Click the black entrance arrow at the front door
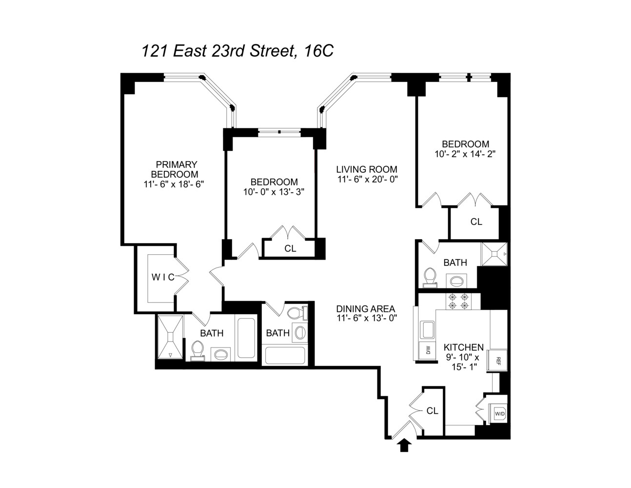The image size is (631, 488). click(x=404, y=445)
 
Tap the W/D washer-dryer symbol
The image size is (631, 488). click(x=500, y=413)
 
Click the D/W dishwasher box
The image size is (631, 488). click(x=428, y=350)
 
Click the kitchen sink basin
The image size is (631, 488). click(x=428, y=329)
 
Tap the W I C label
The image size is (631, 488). click(x=162, y=277)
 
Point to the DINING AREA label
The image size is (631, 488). click(x=365, y=309)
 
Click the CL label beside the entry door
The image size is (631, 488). click(x=432, y=411)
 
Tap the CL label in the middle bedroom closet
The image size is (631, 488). click(x=290, y=248)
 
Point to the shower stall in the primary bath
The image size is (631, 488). click(x=170, y=337)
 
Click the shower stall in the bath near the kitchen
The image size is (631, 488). click(x=494, y=254)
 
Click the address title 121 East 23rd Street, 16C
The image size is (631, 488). click(x=237, y=51)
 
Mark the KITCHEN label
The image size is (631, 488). click(x=463, y=347)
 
